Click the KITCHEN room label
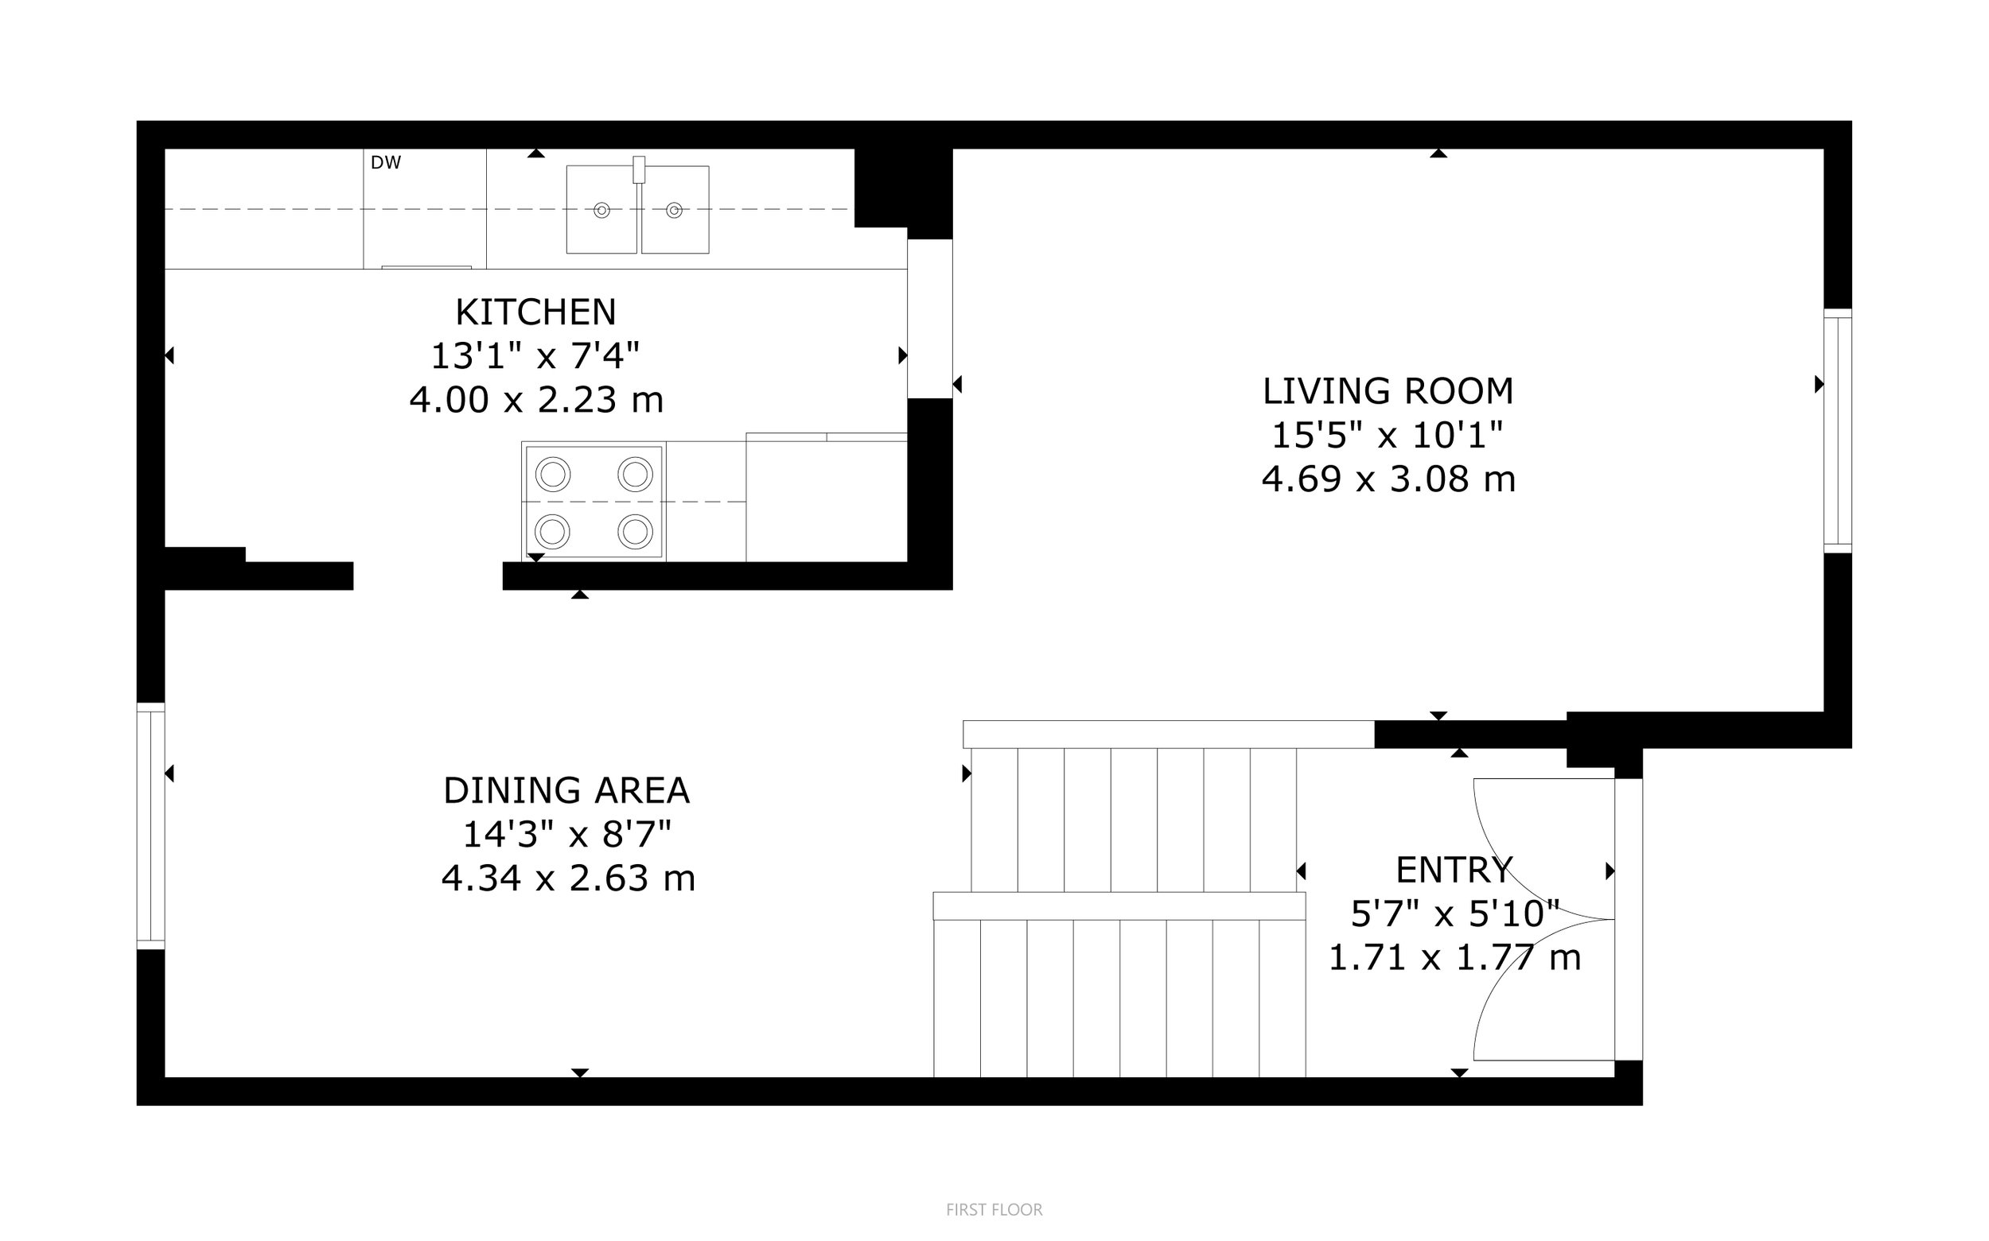535,312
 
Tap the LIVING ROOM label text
1388,390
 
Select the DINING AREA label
566,790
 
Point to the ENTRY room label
1454,869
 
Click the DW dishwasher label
386,162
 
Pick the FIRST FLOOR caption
994,1210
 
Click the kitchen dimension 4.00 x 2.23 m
536,401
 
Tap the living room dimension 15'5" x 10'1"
1388,435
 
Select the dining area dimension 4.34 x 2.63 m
568,879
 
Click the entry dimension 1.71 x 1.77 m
1454,958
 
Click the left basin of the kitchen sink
601,209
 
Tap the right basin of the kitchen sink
675,209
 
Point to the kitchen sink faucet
639,169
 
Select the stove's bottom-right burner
636,531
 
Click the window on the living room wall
1838,431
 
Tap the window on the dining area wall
150,826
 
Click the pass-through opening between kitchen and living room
929,319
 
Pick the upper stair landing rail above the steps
1169,734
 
